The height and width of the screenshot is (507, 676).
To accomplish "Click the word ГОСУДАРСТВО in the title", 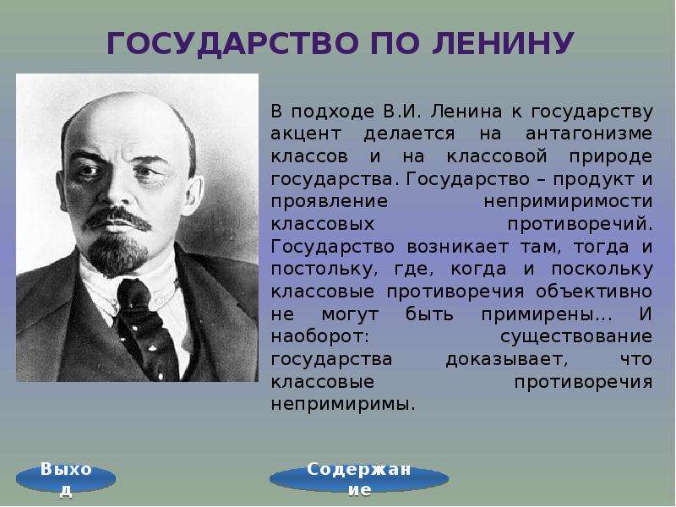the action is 232,44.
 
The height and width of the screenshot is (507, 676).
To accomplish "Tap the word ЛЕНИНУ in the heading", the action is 502,44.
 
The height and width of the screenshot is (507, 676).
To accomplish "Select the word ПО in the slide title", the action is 395,43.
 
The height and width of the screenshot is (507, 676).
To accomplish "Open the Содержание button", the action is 358,478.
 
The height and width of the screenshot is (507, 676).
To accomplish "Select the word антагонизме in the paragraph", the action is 589,134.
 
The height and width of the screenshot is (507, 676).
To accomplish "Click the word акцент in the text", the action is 306,134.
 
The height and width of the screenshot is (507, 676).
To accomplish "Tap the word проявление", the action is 330,202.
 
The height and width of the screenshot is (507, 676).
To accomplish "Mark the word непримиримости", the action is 568,202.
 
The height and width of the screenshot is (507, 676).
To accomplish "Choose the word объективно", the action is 594,292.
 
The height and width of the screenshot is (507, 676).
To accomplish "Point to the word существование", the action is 576,337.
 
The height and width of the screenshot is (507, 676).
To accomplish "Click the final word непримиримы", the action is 343,405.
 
